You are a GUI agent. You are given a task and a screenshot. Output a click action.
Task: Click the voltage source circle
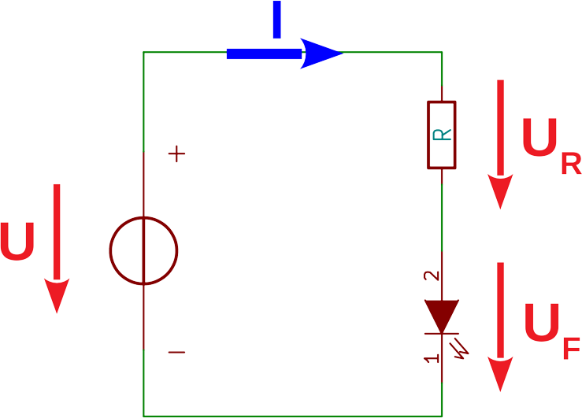(x=143, y=251)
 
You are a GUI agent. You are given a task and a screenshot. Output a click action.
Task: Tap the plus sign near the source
(x=177, y=154)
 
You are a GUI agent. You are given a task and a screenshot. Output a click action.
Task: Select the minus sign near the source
(x=177, y=352)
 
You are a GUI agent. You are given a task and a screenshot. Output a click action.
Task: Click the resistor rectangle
(x=442, y=135)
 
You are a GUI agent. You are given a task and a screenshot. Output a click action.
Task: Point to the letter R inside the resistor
(x=443, y=135)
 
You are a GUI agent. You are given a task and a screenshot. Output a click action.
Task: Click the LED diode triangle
(x=441, y=314)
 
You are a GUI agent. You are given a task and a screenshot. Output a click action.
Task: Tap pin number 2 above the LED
(x=430, y=276)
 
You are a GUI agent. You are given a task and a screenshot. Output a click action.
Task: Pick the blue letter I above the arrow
(x=276, y=19)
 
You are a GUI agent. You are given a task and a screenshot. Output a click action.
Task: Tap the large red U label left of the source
(x=17, y=242)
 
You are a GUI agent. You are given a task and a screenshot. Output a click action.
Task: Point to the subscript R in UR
(x=570, y=164)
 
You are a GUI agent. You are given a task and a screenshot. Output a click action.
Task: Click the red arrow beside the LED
(x=499, y=326)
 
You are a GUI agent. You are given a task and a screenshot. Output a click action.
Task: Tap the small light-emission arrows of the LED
(x=459, y=345)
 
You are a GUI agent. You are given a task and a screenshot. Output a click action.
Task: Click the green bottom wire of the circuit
(x=291, y=415)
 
